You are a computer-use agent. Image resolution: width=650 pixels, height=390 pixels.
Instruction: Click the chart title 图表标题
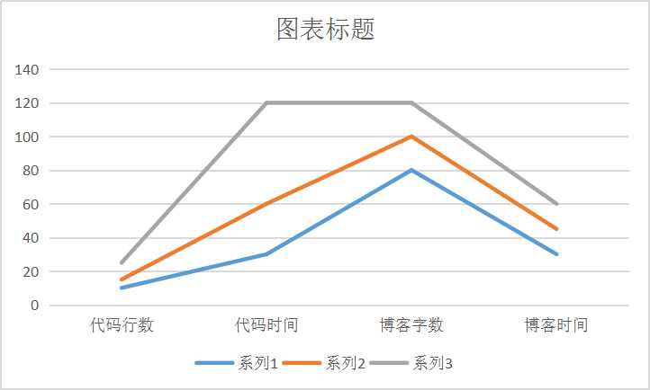click(x=325, y=30)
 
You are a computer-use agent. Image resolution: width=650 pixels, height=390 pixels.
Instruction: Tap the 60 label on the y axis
click(x=31, y=204)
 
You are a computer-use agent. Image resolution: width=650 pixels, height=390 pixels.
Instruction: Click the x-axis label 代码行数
click(x=122, y=324)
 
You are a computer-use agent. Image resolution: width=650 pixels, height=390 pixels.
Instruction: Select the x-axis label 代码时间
click(x=266, y=324)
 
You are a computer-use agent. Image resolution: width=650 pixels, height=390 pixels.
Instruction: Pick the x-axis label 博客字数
click(x=411, y=324)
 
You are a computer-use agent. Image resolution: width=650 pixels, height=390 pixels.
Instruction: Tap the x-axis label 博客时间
click(x=556, y=324)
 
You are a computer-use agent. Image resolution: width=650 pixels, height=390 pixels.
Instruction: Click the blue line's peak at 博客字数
click(x=411, y=170)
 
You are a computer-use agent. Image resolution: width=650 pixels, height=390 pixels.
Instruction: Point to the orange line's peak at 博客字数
click(x=411, y=137)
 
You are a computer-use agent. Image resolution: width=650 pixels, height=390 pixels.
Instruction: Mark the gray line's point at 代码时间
click(x=266, y=102)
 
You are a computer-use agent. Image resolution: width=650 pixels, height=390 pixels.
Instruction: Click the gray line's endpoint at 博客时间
click(x=556, y=204)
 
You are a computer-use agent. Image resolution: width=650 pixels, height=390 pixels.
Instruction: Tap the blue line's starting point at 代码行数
click(x=122, y=288)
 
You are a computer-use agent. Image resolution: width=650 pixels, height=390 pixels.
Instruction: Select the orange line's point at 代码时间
click(x=266, y=204)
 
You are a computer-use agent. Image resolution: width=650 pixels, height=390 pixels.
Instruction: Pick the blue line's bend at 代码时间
click(x=266, y=254)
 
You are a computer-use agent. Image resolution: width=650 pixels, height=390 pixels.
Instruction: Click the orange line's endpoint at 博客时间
click(x=556, y=229)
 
